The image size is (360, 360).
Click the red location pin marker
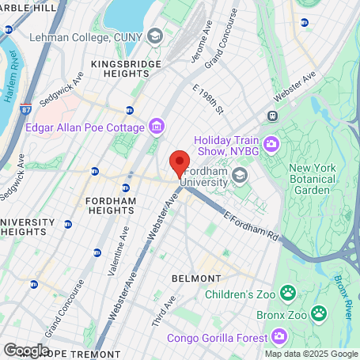click(180, 162)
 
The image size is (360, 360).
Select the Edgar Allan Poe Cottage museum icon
click(157, 127)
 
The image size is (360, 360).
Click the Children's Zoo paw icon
click(289, 294)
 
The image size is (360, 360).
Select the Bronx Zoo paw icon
click(318, 313)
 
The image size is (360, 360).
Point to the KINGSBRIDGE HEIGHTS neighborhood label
click(126, 69)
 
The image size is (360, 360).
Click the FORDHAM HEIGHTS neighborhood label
click(111, 207)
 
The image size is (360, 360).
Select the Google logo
click(26, 350)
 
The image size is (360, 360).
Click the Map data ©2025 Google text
click(311, 354)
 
